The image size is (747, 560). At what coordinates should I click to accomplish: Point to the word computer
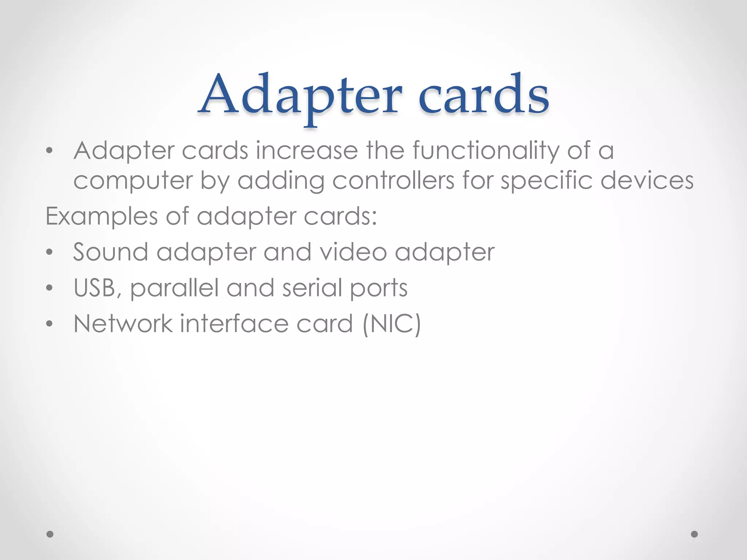coord(133,181)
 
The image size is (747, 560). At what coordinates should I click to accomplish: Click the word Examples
coord(101,217)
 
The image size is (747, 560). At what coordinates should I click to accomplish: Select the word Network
coord(123,324)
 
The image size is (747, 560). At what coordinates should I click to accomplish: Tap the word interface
coord(234,324)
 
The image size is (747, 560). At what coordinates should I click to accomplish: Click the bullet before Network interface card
coord(50,324)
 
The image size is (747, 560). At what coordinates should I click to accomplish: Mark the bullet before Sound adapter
coord(50,252)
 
